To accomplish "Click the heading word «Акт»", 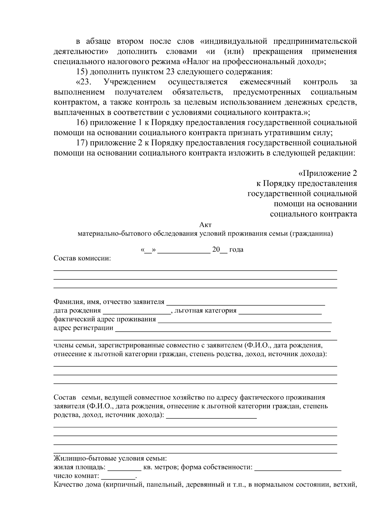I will [x=205, y=225].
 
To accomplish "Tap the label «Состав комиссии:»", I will [x=82, y=258].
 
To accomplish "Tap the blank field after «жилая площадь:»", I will [x=124, y=468].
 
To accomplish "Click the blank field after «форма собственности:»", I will [x=298, y=468].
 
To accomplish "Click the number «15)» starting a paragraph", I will [x=82, y=72].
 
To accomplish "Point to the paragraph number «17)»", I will [x=82, y=143].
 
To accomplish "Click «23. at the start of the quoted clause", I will [x=83, y=82].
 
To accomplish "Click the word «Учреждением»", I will [x=130, y=82].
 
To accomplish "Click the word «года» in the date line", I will [x=236, y=250].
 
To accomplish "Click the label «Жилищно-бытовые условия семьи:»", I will [x=110, y=459].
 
